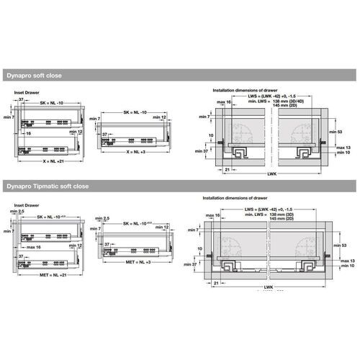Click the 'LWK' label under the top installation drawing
[269, 175]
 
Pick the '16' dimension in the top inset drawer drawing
[28, 134]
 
